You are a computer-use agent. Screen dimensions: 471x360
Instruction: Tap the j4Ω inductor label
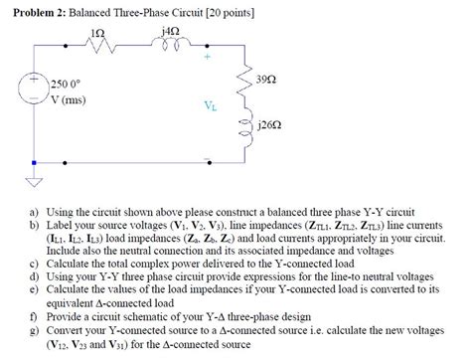pos(169,32)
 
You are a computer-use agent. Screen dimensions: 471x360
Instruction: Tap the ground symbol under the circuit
pos(35,182)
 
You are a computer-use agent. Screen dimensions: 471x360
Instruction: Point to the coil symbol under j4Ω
pos(169,47)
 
